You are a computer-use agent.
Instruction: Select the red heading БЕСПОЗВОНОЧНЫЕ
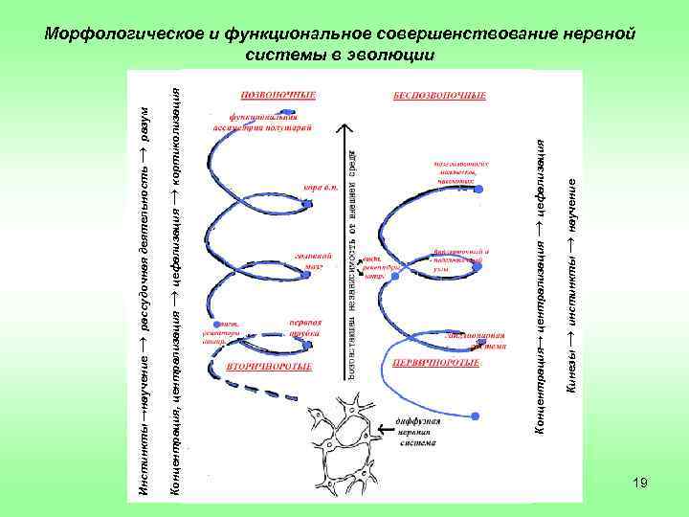coord(439,96)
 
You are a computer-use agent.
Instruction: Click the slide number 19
coord(640,483)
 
